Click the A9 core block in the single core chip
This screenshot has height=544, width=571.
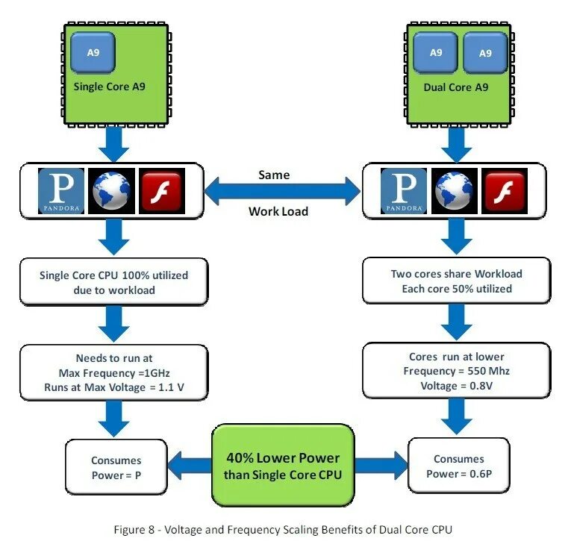(93, 52)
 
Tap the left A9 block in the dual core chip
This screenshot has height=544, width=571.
(436, 53)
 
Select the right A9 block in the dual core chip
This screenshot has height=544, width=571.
(485, 53)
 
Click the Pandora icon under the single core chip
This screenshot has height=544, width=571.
(61, 191)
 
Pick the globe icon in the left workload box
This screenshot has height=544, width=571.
(111, 191)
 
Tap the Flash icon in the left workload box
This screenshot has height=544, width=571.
(162, 191)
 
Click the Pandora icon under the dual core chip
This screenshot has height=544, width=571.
(404, 191)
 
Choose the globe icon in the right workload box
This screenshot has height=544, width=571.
(454, 191)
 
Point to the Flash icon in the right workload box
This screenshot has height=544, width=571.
(505, 191)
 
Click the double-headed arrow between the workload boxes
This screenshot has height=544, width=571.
(282, 191)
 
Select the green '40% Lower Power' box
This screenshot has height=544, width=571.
(283, 466)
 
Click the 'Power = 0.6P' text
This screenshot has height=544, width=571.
(459, 474)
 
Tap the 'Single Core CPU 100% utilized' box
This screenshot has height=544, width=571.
(114, 282)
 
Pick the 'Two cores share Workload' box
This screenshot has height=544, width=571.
(457, 281)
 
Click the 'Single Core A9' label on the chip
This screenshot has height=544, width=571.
(109, 87)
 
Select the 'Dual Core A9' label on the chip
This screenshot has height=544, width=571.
(456, 87)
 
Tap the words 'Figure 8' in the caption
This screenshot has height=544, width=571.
(134, 529)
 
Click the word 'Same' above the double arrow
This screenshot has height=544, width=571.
(274, 175)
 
